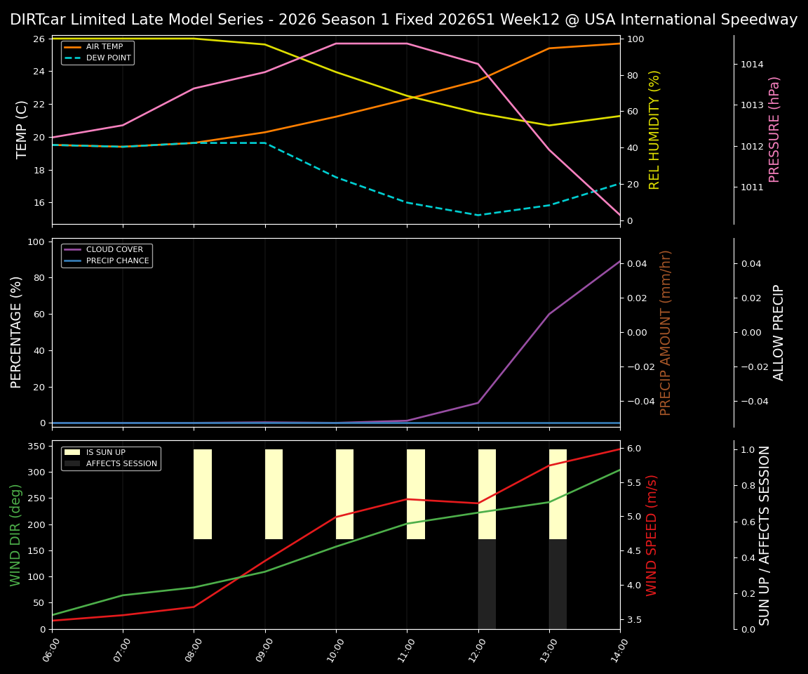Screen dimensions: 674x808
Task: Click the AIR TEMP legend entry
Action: click(104, 47)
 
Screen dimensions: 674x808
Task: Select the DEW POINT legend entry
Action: click(108, 58)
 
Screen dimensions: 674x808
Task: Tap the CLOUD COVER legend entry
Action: click(114, 249)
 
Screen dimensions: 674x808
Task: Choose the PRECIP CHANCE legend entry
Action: click(117, 260)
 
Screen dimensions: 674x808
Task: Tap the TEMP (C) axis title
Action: click(22, 129)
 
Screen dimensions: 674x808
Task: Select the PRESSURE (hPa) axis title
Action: click(774, 129)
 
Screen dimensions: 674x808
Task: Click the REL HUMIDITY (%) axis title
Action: click(655, 129)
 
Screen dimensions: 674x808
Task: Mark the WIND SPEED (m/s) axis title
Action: click(652, 535)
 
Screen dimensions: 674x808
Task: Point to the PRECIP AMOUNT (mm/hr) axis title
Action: click(666, 332)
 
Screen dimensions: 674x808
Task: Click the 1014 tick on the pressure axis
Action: click(753, 65)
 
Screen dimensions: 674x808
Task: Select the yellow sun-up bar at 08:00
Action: click(203, 494)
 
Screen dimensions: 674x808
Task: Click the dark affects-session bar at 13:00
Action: click(558, 584)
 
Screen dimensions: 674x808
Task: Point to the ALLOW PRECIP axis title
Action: click(779, 332)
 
